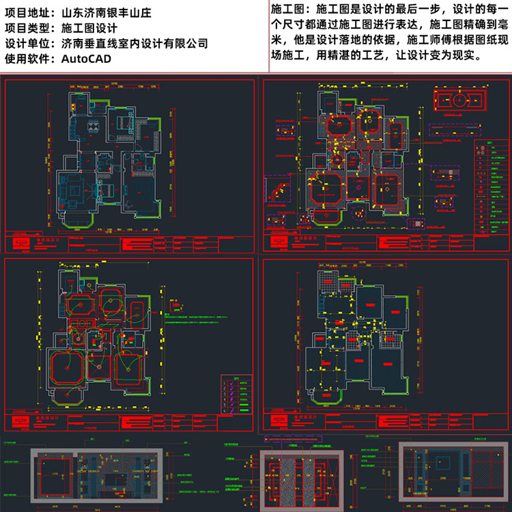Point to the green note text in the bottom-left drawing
point(205,318)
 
